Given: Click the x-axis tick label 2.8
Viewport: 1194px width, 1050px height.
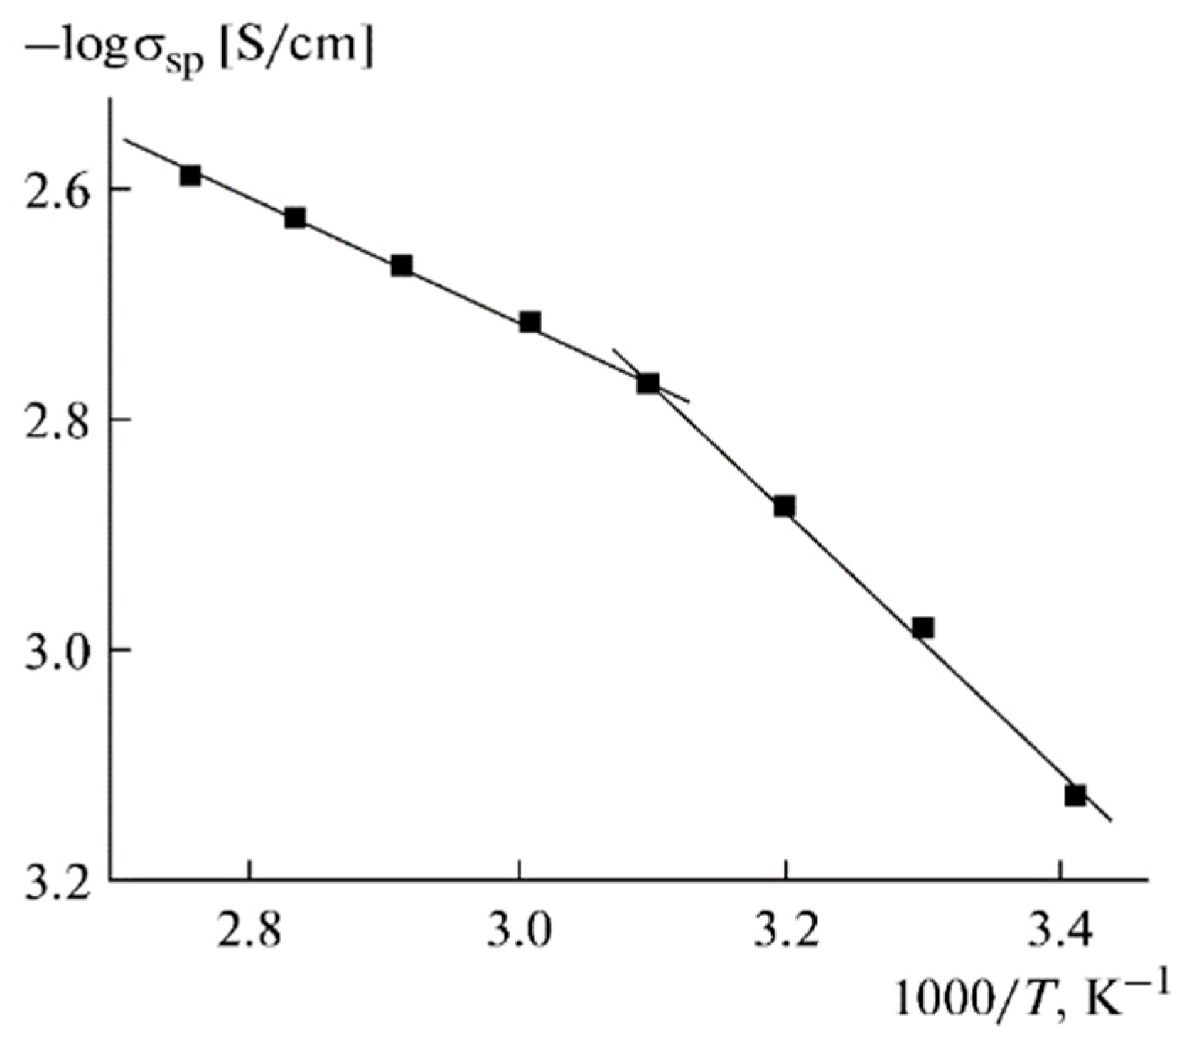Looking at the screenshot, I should click(x=248, y=933).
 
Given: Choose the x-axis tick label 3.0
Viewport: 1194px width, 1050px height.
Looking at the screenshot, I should click(x=520, y=933).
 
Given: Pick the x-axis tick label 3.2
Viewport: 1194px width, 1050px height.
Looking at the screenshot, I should click(x=785, y=933).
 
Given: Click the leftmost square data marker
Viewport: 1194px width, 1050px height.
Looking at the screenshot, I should click(x=190, y=175).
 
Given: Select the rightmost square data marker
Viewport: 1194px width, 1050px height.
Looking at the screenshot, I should click(x=1075, y=795).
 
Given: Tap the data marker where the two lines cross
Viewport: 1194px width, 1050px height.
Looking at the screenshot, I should click(x=647, y=383).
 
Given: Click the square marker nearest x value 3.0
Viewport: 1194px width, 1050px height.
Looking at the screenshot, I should click(x=529, y=322).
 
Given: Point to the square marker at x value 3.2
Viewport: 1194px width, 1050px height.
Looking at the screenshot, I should click(x=784, y=506).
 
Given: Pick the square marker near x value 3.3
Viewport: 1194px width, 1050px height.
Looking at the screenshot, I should click(x=923, y=627).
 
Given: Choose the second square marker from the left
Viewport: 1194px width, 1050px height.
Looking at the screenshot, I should click(x=295, y=218).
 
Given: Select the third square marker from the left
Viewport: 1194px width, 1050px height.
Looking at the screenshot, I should click(x=402, y=265).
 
